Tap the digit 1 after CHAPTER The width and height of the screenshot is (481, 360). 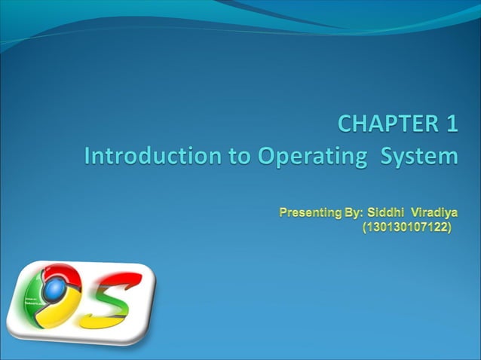pos(450,123)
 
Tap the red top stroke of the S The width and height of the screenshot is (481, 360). pos(121,281)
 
